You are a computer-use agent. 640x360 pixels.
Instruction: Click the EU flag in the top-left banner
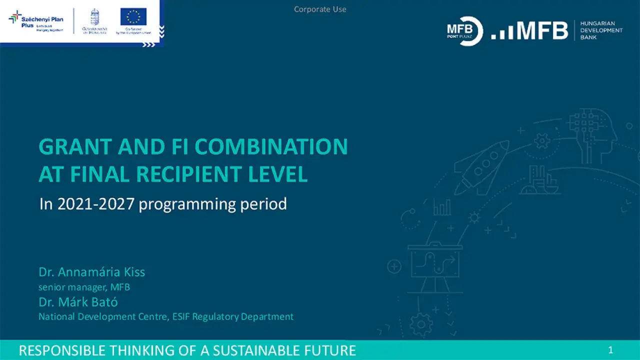tap(133, 16)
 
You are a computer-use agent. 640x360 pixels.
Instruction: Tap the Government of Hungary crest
tap(94, 18)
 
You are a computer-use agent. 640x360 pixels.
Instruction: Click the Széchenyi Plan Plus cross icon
tap(15, 17)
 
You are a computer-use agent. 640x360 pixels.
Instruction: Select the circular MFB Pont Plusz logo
tap(465, 31)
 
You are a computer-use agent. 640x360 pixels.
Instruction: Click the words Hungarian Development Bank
tap(601, 30)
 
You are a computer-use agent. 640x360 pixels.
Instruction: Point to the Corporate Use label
tap(320, 9)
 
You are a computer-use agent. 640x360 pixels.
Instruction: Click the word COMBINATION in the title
tap(271, 147)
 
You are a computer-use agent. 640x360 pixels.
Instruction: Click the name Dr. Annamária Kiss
tap(91, 272)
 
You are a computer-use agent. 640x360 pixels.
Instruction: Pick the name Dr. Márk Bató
tap(78, 302)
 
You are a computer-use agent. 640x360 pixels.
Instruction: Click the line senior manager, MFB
tap(84, 287)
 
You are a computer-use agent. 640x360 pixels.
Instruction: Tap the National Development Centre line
tap(165, 316)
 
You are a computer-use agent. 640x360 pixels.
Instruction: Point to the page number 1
tap(610, 350)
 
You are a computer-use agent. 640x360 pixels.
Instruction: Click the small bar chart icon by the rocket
tap(442, 207)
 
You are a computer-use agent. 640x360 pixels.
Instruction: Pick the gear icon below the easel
tap(421, 324)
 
